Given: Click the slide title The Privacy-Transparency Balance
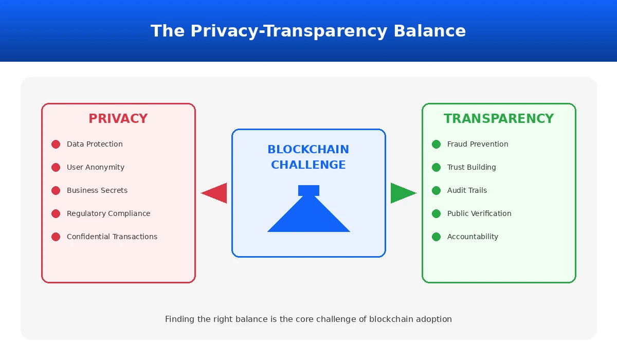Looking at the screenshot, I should pos(308,31).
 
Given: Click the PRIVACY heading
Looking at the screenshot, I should pos(118,119).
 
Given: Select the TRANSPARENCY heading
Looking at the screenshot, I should pos(499,119).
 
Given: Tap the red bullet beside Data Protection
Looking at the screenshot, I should pos(56,145).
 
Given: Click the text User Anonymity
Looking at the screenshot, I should pos(96,167).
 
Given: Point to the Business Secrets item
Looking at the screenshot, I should pos(97,190).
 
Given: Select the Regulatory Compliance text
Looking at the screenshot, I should pos(108,213).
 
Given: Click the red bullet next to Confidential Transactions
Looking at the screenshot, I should pos(56,237).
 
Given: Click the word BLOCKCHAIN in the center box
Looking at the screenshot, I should pos(308,150).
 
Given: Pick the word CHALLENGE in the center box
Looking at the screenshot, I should pos(308,165).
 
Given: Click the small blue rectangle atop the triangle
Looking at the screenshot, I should pos(308,190).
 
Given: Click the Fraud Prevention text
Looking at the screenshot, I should pos(478,144).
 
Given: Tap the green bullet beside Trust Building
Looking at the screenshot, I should pos(436,167).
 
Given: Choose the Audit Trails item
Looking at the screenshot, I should pos(467,190).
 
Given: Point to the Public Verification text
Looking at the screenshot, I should pos(479,213).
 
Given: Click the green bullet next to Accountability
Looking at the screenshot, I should pos(436,237).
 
